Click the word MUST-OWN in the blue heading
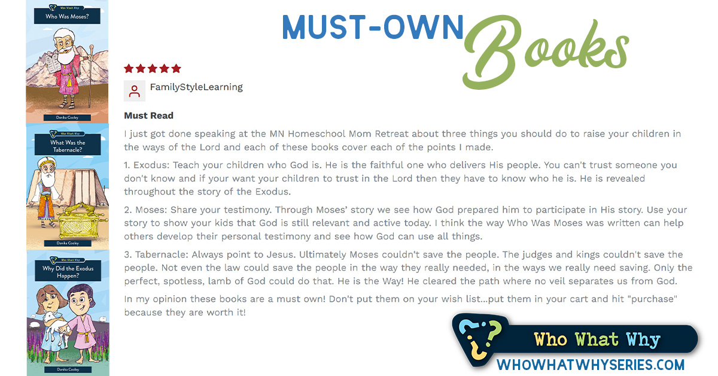tap(373, 27)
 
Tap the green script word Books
tap(545, 51)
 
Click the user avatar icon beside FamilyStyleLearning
tap(134, 91)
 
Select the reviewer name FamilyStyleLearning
tap(196, 87)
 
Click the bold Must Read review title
tap(149, 116)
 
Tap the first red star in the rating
tap(129, 68)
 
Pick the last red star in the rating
tap(176, 68)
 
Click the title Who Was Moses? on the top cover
tap(67, 16)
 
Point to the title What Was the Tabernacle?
tap(68, 146)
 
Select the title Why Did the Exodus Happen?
tap(68, 272)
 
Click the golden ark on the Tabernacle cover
tap(80, 222)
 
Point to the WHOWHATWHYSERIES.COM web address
tap(591, 365)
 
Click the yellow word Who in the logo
tap(550, 339)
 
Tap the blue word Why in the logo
tap(643, 340)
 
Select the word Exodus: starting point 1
tap(151, 165)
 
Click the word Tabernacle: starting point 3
tap(162, 254)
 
